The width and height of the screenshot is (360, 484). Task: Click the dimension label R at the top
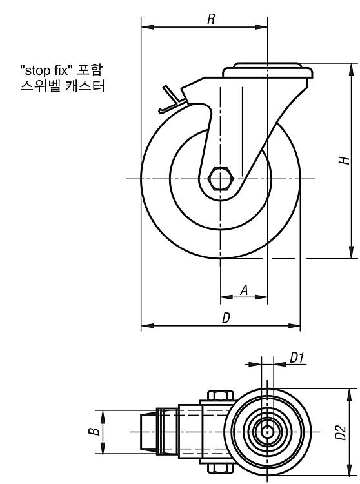point(211,19)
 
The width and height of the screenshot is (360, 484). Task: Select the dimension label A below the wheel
point(244,290)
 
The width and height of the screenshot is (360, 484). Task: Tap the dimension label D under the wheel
point(226,318)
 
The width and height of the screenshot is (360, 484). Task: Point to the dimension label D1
point(297,358)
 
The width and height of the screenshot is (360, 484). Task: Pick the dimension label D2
point(341,432)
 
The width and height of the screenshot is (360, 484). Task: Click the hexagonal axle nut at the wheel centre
point(220,179)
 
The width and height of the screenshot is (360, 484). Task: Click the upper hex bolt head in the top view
point(220,396)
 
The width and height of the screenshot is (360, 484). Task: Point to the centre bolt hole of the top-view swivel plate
point(267,432)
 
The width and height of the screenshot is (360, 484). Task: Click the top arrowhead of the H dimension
point(351,69)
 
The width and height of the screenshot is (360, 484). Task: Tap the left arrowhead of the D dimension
point(148,325)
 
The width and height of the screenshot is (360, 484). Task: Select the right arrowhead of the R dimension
point(261,28)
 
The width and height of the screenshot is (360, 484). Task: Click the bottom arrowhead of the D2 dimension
point(350,470)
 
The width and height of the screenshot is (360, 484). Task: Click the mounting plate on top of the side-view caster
point(268,70)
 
